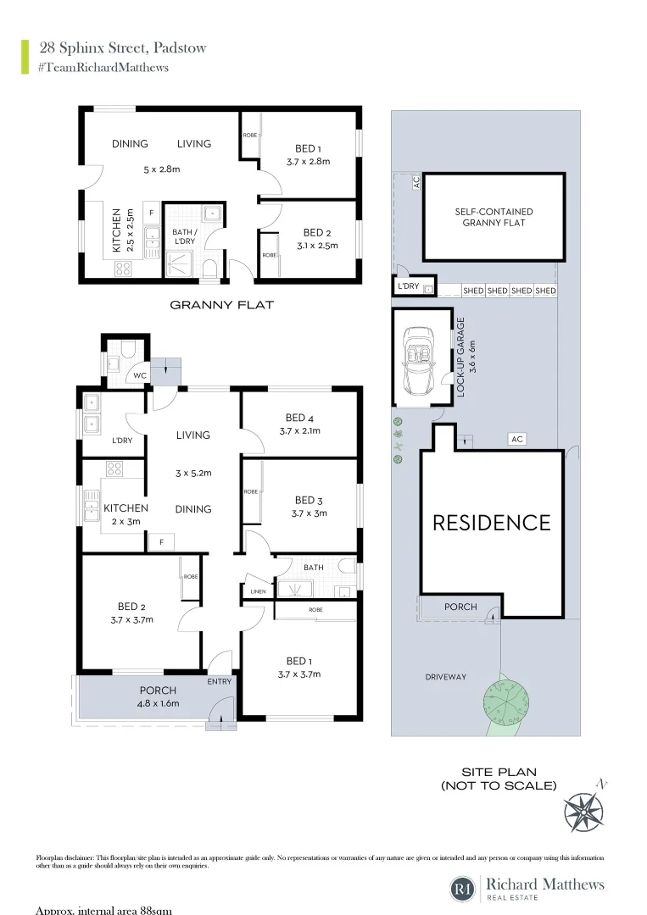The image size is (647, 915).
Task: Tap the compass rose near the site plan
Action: tap(583, 810)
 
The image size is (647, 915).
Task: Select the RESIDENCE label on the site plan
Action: tap(492, 523)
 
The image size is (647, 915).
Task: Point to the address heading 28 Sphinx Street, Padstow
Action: tap(122, 47)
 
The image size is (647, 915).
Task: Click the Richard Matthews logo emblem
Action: tap(462, 889)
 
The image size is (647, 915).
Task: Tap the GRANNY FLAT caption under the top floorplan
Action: tap(221, 304)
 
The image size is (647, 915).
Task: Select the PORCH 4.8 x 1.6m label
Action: tap(158, 696)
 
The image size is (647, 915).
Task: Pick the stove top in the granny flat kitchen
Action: tap(123, 269)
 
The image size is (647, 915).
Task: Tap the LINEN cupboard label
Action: tap(254, 591)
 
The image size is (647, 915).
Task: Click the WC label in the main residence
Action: tap(138, 375)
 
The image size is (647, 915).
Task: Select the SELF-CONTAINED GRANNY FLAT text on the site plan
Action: tap(494, 217)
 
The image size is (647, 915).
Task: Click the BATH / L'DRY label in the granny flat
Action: tap(184, 237)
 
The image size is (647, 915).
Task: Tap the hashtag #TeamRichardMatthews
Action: tap(103, 68)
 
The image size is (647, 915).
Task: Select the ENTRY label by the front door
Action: tap(219, 680)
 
